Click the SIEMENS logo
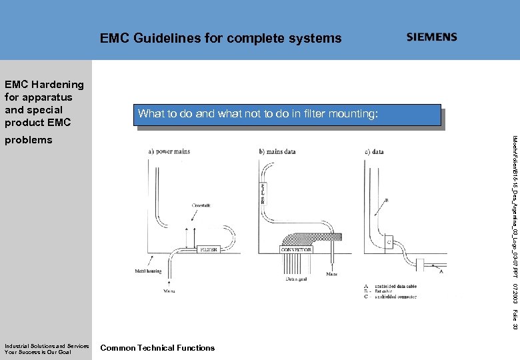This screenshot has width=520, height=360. click(432, 37)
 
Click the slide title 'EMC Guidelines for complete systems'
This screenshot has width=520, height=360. click(221, 39)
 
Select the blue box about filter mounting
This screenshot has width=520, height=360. click(289, 115)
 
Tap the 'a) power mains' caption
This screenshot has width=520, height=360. click(169, 151)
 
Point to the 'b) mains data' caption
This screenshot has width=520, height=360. click(277, 151)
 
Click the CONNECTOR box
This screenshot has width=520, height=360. click(297, 249)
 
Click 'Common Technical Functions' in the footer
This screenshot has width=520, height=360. click(157, 347)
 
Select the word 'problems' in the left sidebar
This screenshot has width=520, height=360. click(28, 140)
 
